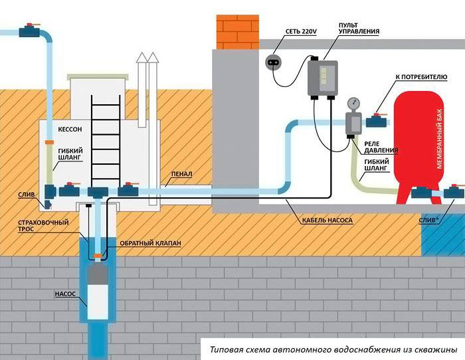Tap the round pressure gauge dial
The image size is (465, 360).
point(352,104)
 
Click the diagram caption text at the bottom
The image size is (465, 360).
point(333,349)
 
